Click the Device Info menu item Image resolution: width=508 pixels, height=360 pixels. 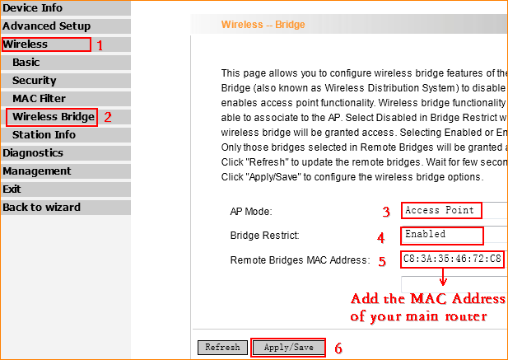point(32,7)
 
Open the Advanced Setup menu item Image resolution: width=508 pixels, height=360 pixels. point(47,26)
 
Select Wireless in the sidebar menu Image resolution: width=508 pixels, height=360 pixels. point(26,44)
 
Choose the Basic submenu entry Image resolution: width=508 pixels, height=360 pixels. point(26,63)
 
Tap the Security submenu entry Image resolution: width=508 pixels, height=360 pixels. point(35,81)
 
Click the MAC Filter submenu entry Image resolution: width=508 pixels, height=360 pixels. point(39,99)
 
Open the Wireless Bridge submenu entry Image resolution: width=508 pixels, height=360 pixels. point(54,117)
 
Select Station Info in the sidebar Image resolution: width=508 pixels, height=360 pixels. point(44,135)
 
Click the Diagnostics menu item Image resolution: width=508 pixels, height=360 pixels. point(33,153)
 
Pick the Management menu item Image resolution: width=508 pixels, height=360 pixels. point(37,171)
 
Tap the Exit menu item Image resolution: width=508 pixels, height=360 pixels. point(12,189)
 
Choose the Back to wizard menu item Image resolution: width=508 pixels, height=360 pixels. point(41,208)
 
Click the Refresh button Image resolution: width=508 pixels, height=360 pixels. point(222,348)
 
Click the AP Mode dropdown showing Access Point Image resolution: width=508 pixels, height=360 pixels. point(454,211)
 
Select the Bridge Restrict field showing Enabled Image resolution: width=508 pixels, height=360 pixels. point(454,236)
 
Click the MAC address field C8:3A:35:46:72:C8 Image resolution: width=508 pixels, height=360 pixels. point(452,259)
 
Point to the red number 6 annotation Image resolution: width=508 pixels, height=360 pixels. point(338,348)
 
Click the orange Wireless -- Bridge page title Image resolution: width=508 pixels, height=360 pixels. point(263,25)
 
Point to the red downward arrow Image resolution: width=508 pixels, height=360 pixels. point(443,277)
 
